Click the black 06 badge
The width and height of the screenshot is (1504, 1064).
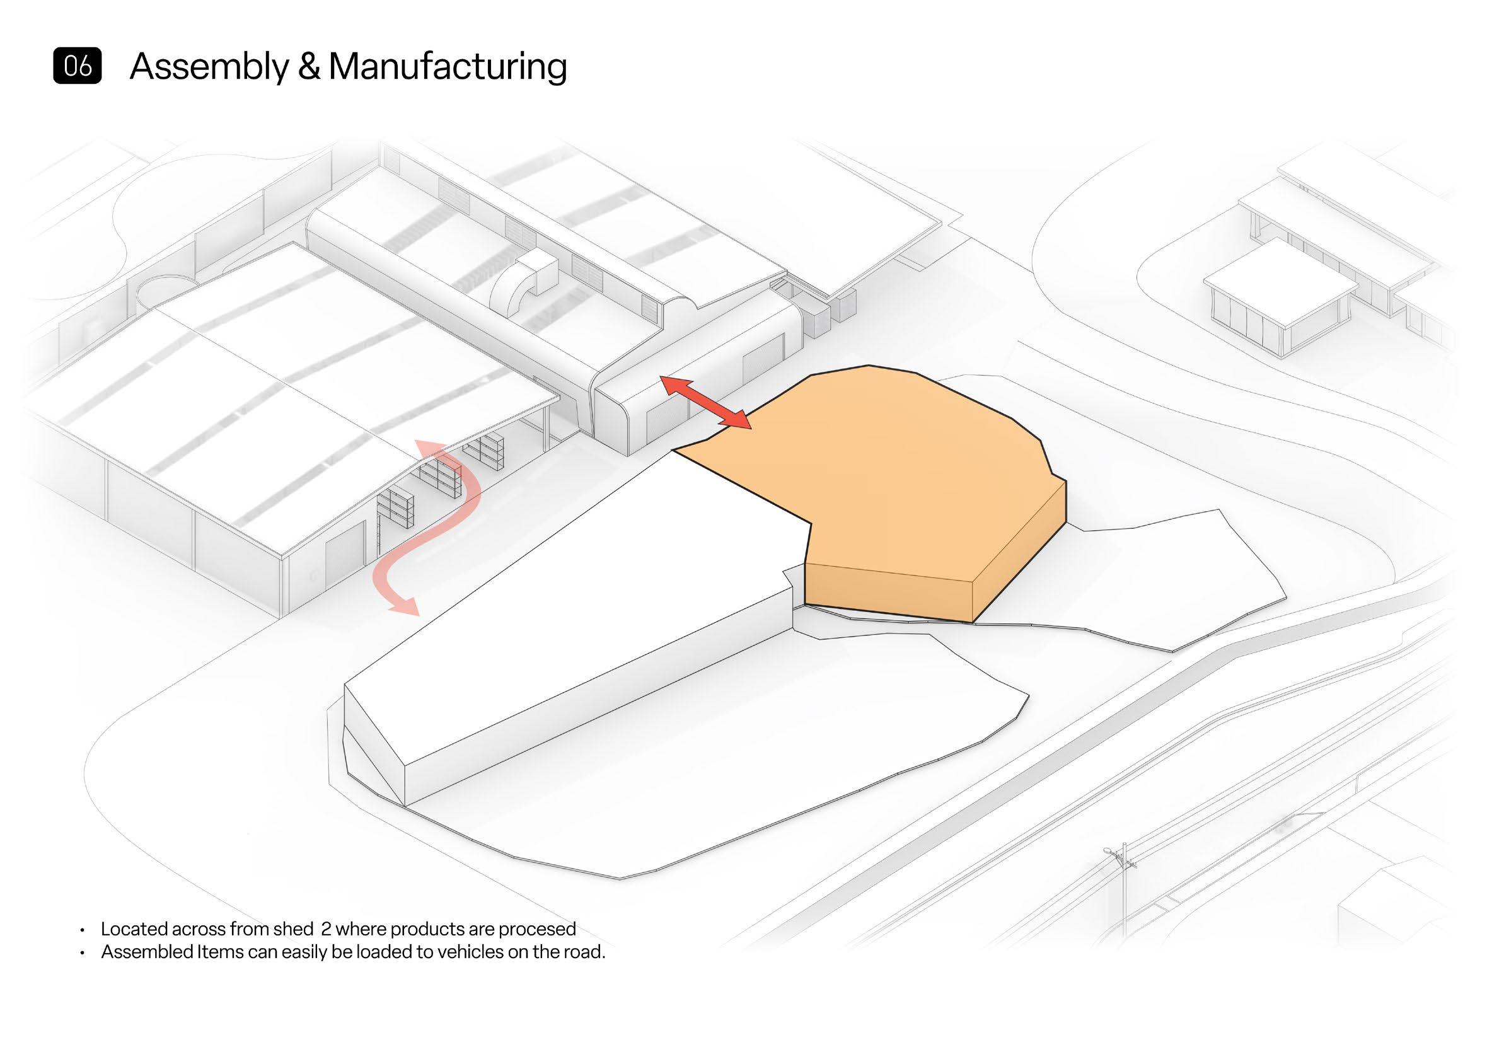pos(78,66)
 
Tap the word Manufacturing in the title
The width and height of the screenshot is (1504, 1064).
pos(448,66)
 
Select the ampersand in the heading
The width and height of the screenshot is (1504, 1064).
pos(308,67)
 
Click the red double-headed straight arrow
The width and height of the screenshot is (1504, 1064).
pos(705,402)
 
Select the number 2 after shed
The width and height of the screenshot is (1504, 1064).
pos(325,929)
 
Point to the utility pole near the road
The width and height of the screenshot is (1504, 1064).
pos(1121,871)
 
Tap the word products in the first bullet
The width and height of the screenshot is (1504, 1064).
pos(425,930)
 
